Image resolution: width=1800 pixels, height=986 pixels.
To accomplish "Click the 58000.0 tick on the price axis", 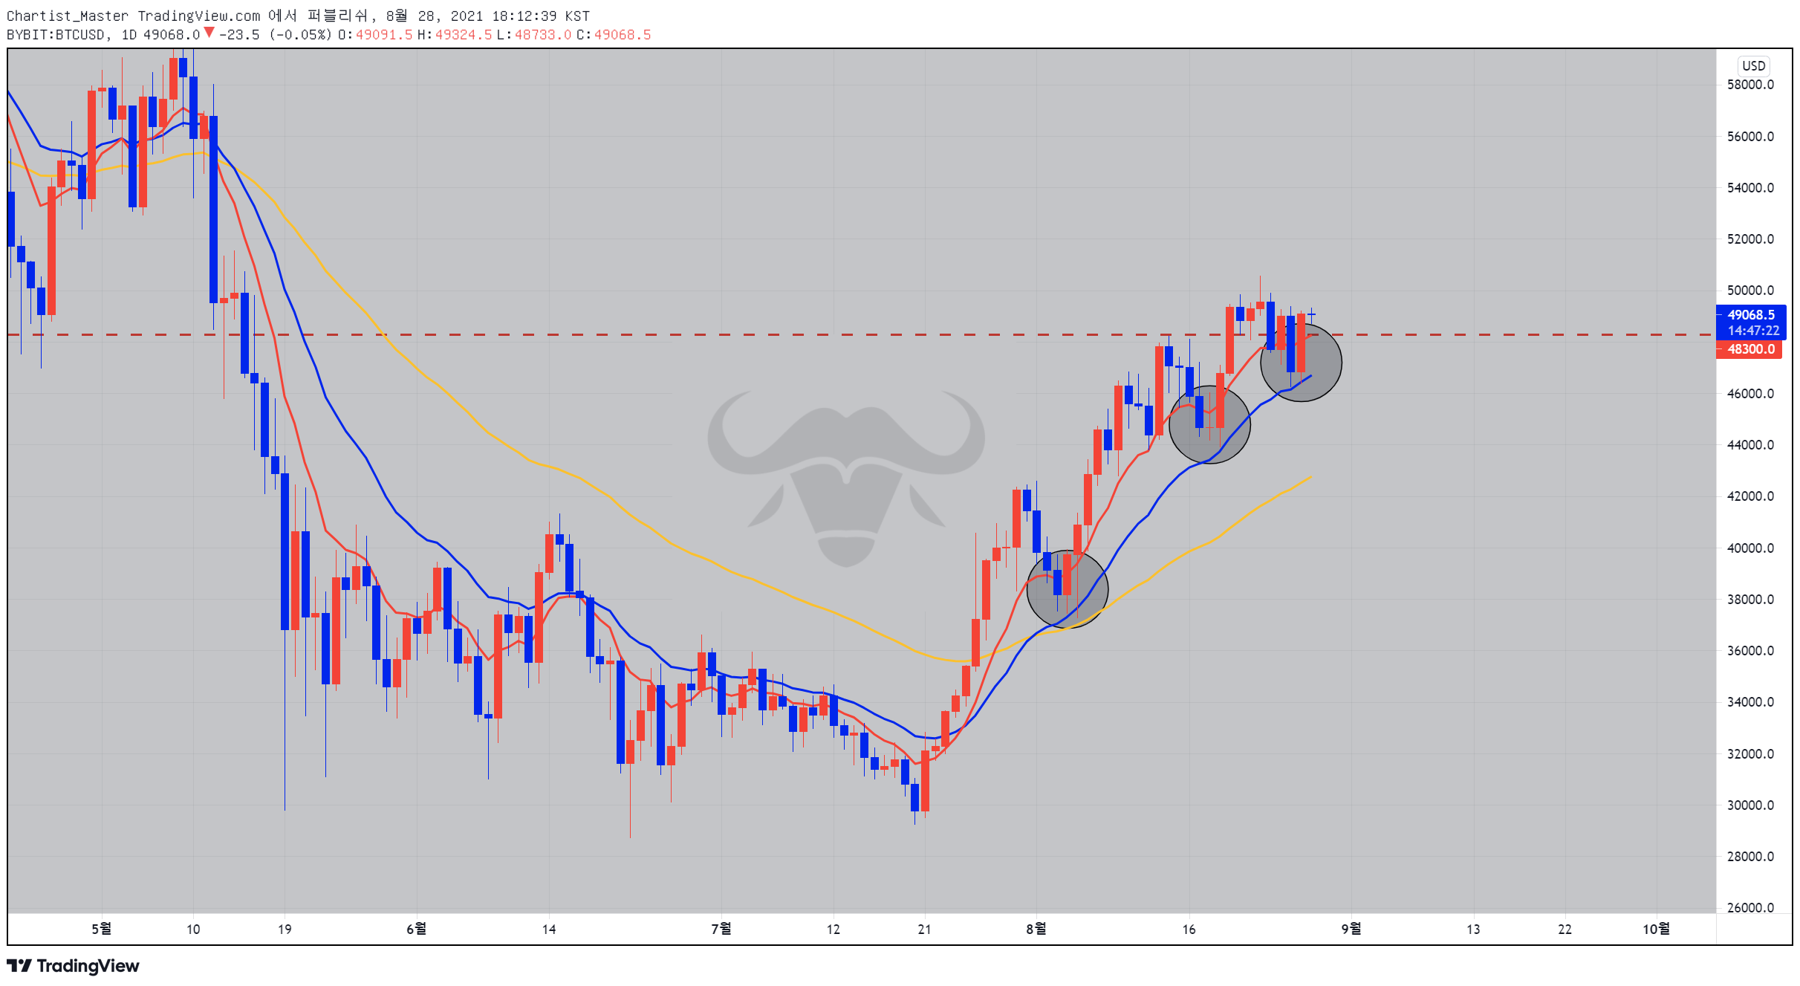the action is click(x=1749, y=85).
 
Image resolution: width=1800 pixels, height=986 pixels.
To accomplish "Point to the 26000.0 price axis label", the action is click(x=1749, y=907).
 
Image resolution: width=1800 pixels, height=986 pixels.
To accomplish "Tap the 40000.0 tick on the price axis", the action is click(x=1749, y=548).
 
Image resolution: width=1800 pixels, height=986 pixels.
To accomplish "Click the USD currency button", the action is click(x=1753, y=65).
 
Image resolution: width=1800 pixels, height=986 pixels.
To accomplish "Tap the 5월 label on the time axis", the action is click(x=102, y=929).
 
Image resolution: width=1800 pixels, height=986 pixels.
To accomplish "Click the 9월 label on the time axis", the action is click(x=1351, y=929).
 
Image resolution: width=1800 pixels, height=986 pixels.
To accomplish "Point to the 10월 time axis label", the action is click(x=1656, y=929).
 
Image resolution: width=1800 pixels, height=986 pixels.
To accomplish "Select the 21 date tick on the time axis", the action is click(x=924, y=929).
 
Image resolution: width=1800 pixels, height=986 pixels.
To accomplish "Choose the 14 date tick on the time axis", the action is click(x=549, y=929).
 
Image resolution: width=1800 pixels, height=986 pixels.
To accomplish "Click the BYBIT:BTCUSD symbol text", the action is click(x=56, y=35).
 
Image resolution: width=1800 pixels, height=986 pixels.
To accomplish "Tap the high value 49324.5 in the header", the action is click(x=463, y=35).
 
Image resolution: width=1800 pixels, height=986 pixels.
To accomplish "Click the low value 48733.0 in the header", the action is click(x=543, y=35).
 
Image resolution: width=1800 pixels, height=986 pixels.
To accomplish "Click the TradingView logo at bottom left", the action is click(x=73, y=966).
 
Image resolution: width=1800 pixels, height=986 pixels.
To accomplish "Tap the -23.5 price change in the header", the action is click(x=238, y=35).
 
